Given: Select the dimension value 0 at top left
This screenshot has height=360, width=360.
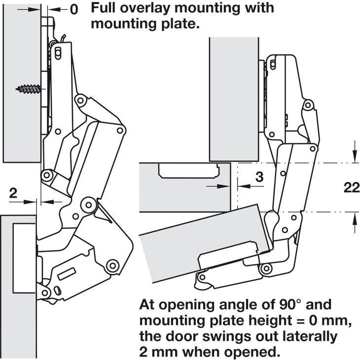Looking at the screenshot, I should tap(74, 9).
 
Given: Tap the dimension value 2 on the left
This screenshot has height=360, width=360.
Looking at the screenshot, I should tap(14, 193).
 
